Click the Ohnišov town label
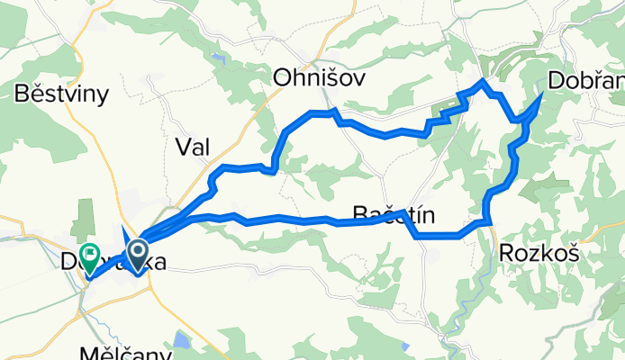click(x=320, y=78)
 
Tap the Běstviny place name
click(x=62, y=94)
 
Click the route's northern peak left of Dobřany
click(x=484, y=82)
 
